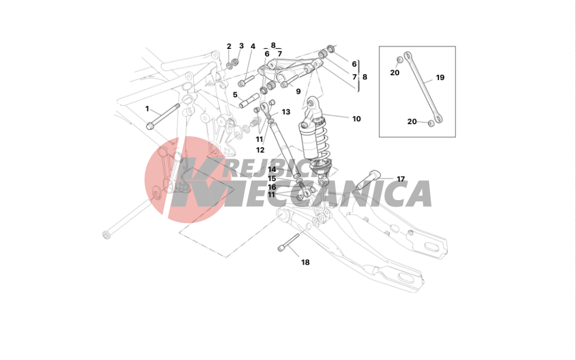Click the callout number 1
pos(147,109)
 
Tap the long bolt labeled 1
pos(163,117)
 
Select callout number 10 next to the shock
pos(357,119)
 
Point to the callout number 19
pos(440,78)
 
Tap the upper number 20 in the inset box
pos(395,72)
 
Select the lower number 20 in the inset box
pos(412,121)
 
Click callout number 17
pos(401,179)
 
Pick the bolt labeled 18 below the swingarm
pos(289,242)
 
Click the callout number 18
pos(305,262)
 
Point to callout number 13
pos(286,112)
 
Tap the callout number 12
pos(260,150)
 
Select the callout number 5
pos(235,95)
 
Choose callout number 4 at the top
pos(253,47)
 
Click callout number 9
pos(298,91)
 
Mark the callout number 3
pos(241,46)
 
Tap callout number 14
pos(272,170)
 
